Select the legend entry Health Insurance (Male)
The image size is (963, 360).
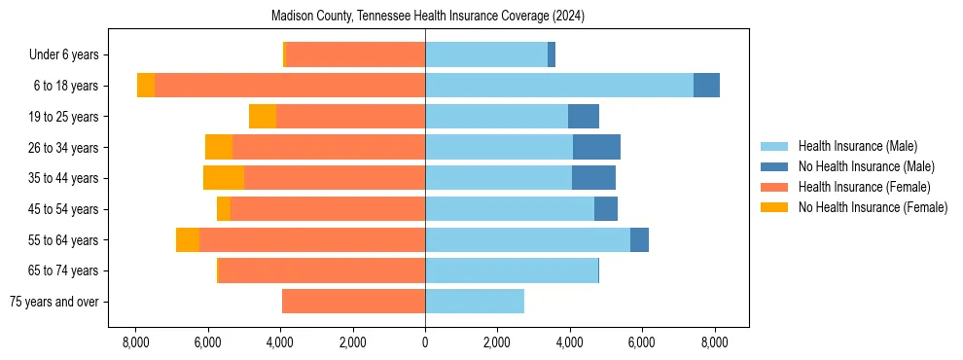857,147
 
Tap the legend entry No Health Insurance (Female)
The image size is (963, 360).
873,207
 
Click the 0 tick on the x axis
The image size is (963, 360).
425,342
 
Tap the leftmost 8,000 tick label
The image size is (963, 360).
135,342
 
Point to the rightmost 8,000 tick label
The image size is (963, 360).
715,342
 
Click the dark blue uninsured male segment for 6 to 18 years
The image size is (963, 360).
706,86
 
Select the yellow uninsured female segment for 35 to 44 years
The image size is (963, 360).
224,178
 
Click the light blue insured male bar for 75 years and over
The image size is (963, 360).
475,302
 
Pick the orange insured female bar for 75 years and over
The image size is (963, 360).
353,302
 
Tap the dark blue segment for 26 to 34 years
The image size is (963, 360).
596,147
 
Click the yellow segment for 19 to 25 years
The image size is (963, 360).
263,117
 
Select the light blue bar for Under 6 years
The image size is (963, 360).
486,55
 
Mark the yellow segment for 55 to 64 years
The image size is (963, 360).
188,239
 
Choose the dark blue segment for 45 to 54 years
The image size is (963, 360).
606,209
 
